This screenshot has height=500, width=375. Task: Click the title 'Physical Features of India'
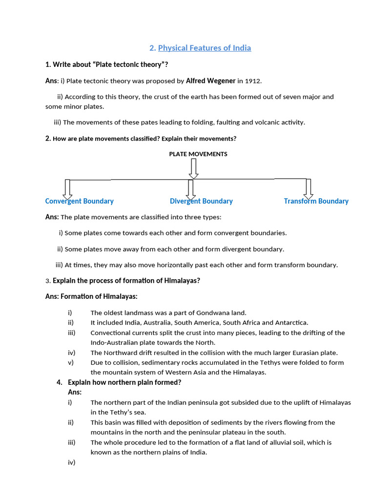[204, 48]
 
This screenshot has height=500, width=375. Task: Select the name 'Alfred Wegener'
[210, 81]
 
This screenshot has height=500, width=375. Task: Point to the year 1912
[253, 81]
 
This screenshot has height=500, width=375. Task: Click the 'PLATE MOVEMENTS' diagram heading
[198, 154]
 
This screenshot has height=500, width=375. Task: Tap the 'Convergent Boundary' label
[79, 201]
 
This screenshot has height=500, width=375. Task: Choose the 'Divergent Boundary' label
[201, 201]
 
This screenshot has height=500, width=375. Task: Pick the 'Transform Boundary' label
[316, 201]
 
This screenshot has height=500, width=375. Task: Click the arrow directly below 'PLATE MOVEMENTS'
[194, 168]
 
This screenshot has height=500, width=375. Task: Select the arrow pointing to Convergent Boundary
[67, 189]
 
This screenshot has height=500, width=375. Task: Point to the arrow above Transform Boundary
[308, 189]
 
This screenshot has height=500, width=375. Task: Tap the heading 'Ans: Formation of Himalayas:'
[91, 296]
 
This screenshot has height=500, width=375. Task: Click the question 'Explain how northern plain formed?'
[125, 382]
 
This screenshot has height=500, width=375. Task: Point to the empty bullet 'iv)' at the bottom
[71, 462]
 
